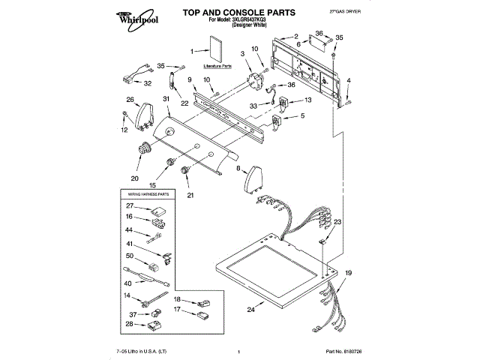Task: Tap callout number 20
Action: tap(135, 178)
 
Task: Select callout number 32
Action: tap(148, 82)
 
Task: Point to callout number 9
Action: tap(189, 79)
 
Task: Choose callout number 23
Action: tap(337, 222)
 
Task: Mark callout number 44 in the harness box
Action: tap(129, 229)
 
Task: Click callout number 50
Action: tap(129, 256)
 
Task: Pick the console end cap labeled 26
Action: tap(143, 113)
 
